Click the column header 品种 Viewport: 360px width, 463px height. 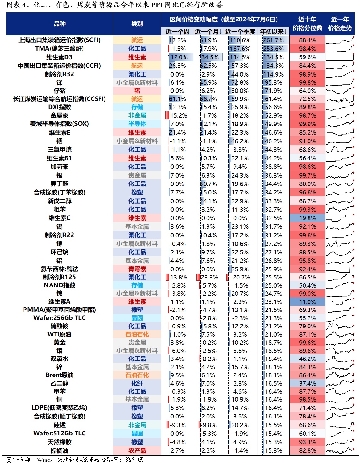pos(59,24)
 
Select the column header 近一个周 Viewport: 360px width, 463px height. pos(177,31)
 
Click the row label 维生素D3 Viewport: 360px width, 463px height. pos(59,57)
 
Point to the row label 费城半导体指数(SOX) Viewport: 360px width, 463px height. pos(59,124)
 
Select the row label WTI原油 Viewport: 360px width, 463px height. pos(59,334)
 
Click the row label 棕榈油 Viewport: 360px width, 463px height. pos(59,450)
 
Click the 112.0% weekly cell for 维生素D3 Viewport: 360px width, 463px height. pos(178,57)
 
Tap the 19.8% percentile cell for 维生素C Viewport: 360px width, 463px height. pos(308,218)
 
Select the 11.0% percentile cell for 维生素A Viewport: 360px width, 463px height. pos(308,302)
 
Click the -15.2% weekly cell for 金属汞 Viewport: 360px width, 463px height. pos(178,115)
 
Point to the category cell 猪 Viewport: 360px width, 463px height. pos(137,91)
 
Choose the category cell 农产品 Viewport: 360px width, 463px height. pos(137,450)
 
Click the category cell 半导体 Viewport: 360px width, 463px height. pos(137,124)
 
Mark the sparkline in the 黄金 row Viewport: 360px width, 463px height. pos(340,343)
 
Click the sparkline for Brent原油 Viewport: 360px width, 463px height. pos(340,375)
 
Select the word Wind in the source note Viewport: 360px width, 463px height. pos(43,460)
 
